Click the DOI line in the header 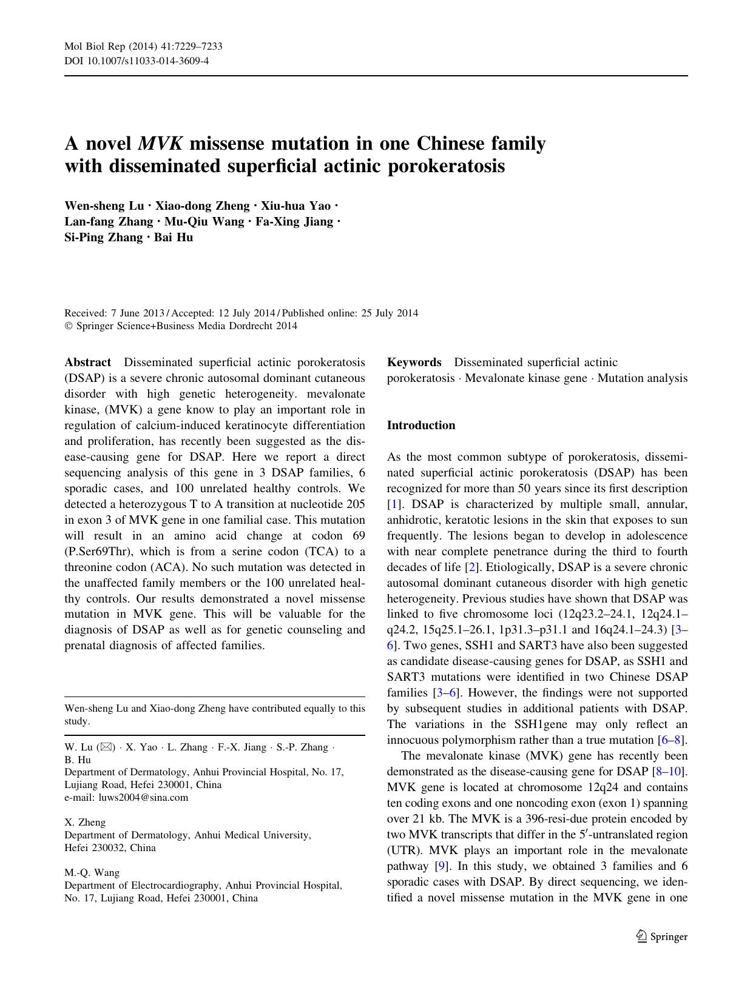coord(137,61)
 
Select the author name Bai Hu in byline coord(174,238)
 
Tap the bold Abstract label coord(88,363)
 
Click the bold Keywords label coord(414,363)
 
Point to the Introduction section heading coord(421,426)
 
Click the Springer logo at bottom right coord(662,937)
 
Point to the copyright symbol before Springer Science coord(68,326)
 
